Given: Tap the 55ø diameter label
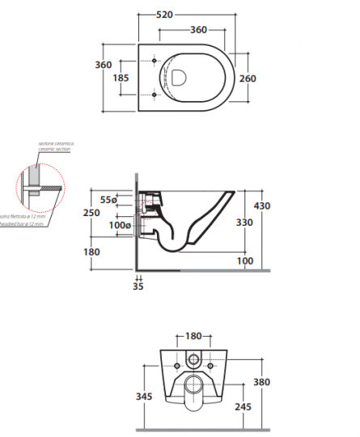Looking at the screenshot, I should point(109,199).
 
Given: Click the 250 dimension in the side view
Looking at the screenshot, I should point(92,213).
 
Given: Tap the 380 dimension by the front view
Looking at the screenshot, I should point(260,382).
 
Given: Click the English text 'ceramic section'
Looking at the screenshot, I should point(53,149).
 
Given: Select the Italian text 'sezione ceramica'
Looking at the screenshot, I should point(53,143).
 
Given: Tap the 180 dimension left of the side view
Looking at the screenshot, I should point(91,252).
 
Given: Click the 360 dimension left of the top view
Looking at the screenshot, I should point(102,65).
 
